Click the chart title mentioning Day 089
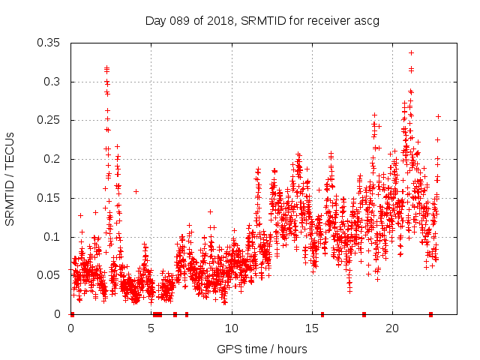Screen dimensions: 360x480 tap(262, 21)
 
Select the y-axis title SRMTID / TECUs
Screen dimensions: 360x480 tap(10, 178)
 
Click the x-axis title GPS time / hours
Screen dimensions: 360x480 tap(262, 349)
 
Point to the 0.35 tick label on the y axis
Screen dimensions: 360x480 tap(49, 43)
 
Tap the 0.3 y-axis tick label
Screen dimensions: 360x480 tap(52, 82)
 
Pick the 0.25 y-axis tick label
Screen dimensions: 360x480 tap(49, 120)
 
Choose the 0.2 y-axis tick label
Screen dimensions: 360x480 tap(52, 159)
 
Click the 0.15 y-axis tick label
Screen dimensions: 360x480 tap(49, 198)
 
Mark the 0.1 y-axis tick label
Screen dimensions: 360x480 tap(52, 237)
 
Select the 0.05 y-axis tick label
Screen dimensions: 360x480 tap(49, 275)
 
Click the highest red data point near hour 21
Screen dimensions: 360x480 tap(411, 52)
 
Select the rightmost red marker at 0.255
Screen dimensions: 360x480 tap(438, 116)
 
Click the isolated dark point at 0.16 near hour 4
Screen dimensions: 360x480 tap(136, 191)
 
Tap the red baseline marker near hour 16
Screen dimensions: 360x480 tap(322, 314)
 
